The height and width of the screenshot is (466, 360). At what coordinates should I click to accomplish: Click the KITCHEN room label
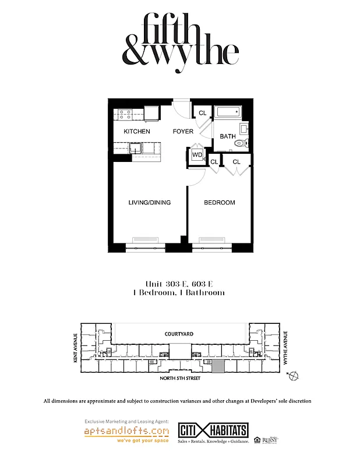click(137, 132)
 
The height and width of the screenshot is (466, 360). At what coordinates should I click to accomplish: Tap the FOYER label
click(183, 132)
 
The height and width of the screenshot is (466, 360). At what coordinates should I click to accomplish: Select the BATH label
click(228, 136)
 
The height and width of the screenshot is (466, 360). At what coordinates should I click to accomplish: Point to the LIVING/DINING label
click(150, 203)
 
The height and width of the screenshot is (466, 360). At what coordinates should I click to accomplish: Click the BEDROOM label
click(220, 203)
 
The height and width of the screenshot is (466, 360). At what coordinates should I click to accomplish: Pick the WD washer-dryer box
click(197, 155)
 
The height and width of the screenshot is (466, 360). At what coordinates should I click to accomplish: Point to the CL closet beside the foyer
click(203, 113)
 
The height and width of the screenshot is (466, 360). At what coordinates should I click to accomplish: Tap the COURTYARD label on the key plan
click(179, 334)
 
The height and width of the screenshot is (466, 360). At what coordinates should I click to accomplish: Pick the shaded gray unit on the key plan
click(217, 366)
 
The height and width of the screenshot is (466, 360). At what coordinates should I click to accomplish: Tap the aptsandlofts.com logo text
click(126, 432)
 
